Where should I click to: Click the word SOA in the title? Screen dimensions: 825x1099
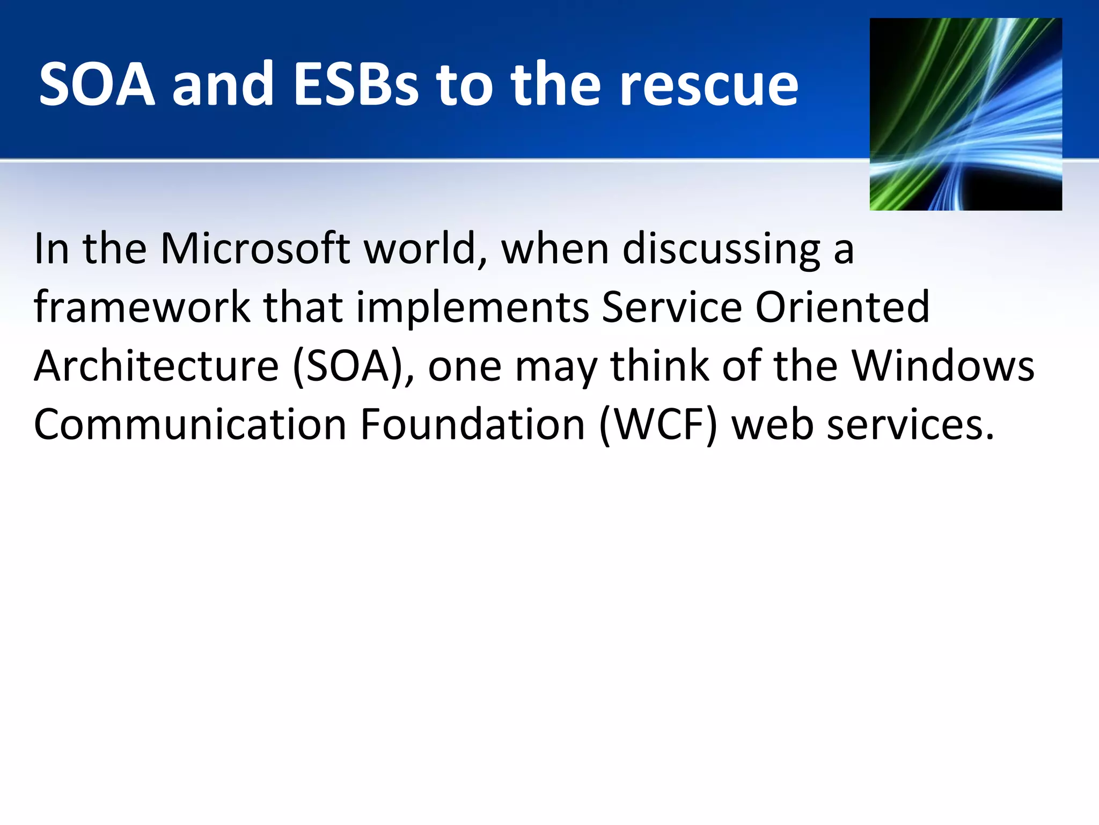coord(97,84)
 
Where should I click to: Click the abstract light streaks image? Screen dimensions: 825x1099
coord(965,114)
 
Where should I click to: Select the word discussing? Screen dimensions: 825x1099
coord(721,250)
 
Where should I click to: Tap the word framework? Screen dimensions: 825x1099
coord(142,307)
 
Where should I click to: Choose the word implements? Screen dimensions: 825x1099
coord(472,308)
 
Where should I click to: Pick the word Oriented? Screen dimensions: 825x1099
coord(842,307)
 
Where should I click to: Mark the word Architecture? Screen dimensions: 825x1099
coord(156,366)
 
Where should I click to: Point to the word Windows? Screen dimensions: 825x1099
coord(943,366)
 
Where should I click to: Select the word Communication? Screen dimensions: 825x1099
coord(190,425)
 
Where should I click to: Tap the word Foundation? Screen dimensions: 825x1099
coord(472,425)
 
